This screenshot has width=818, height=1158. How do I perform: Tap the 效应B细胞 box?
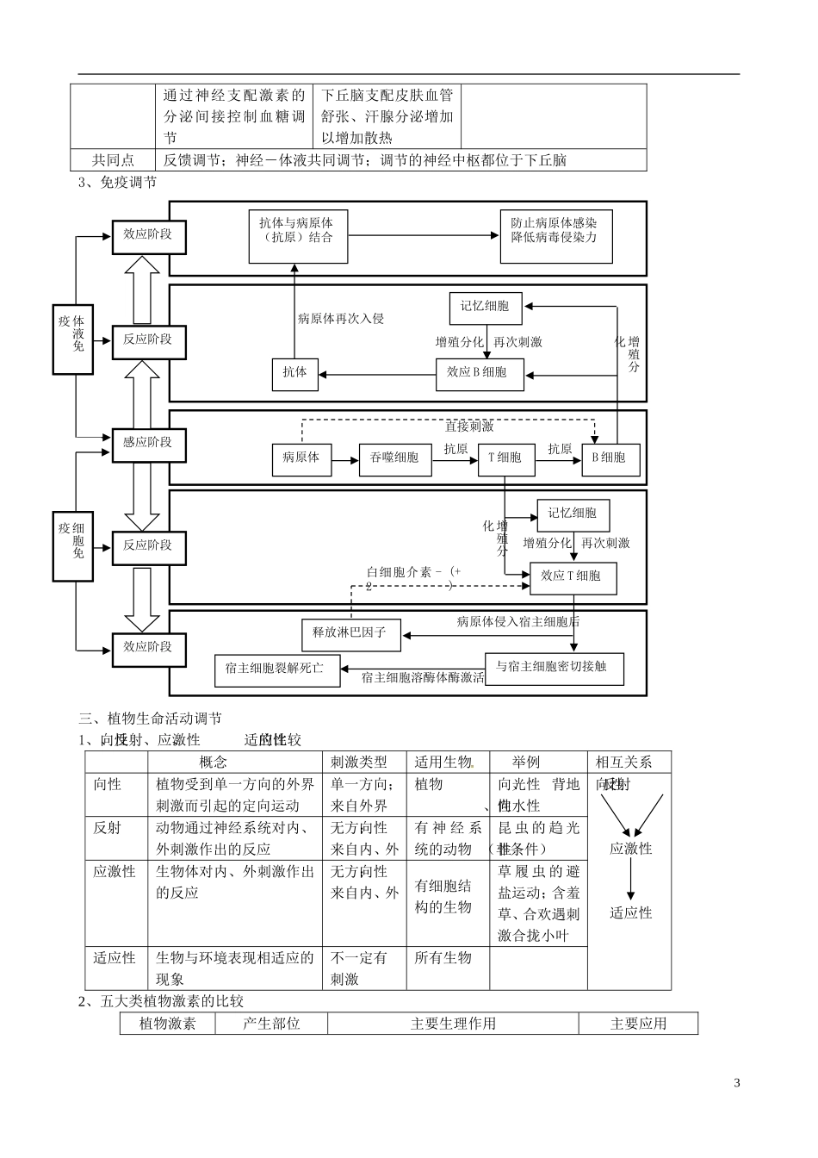coord(479,373)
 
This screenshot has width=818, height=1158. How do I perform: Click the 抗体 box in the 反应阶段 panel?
coord(294,373)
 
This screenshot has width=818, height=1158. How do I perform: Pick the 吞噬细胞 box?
coord(394,458)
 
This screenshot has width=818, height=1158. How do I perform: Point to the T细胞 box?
coord(505,458)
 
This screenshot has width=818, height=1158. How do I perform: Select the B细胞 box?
coord(610,458)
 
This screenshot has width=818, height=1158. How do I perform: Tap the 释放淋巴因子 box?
coord(344,633)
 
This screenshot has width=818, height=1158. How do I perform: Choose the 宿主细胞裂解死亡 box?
coord(276,669)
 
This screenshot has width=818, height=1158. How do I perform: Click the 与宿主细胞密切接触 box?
coord(555,667)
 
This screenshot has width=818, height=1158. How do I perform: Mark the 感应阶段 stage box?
coord(148,443)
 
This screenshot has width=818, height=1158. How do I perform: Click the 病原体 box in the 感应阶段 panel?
coord(301,458)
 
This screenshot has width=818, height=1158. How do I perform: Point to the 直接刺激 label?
coord(469,426)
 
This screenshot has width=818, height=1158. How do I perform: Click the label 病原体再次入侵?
coord(341,319)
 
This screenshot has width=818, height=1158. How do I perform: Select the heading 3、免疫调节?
coord(118,183)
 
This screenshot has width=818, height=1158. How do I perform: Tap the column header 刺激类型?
coord(359,762)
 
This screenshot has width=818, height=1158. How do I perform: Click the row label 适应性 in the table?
coord(115,958)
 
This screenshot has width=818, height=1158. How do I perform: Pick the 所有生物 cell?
coord(443,958)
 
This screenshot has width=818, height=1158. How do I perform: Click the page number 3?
coord(736,1083)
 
